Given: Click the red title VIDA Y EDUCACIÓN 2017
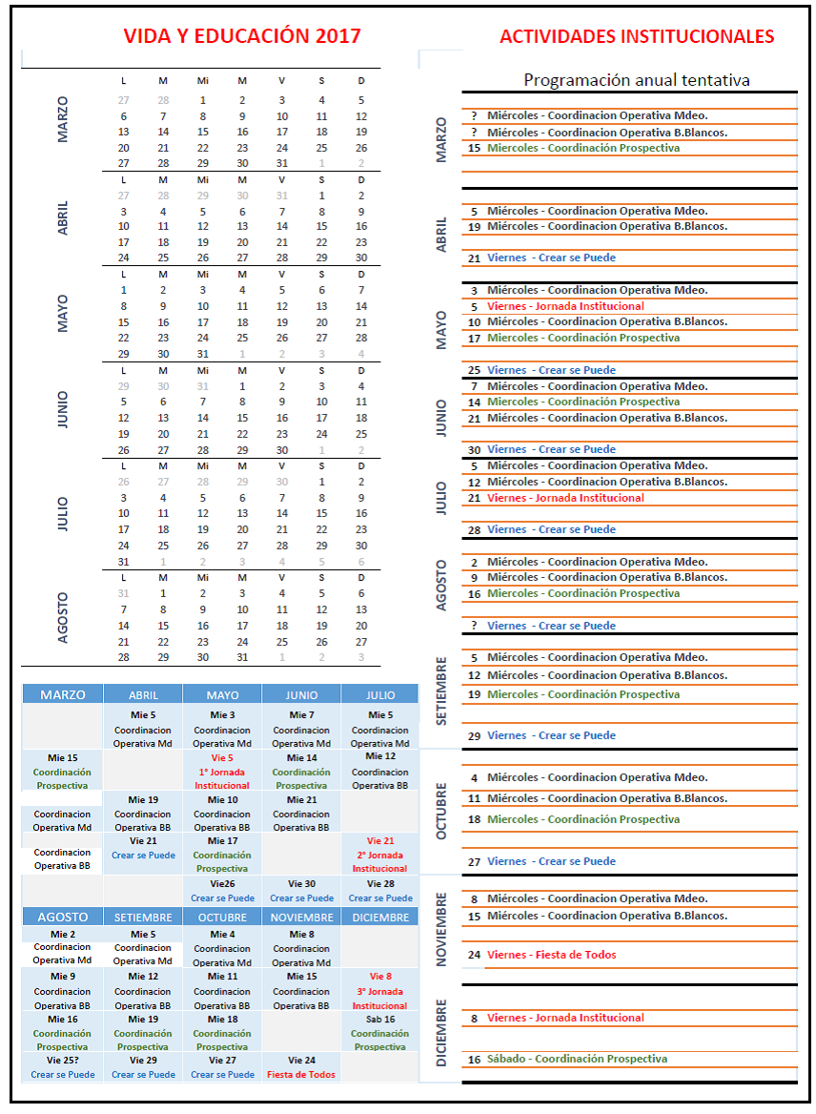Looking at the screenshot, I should (x=242, y=36).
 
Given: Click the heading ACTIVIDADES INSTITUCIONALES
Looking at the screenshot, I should (x=637, y=36).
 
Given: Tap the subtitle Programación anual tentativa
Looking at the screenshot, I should (x=637, y=80).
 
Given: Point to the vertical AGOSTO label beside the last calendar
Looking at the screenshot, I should (x=63, y=617).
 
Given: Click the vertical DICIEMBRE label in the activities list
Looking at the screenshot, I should (x=441, y=1032).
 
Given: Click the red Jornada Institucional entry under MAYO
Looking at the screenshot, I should (x=565, y=306).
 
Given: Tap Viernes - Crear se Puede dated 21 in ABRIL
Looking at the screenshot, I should (x=551, y=258).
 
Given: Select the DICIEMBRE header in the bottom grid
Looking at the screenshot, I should (x=379, y=917).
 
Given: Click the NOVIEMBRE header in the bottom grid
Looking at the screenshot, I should (x=301, y=917).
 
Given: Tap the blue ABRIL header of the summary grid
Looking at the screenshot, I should (x=143, y=695).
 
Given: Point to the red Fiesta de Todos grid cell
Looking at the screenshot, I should (x=301, y=1074).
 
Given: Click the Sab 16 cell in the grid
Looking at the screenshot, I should (x=379, y=1019).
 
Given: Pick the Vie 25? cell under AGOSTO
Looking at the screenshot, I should (x=63, y=1060).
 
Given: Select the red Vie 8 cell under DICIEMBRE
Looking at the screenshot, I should (x=379, y=977).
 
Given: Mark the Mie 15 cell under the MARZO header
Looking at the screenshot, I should (x=63, y=758).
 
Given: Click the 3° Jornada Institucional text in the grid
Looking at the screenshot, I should (x=379, y=999).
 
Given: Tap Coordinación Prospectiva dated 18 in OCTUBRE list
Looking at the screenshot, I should (x=583, y=819).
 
